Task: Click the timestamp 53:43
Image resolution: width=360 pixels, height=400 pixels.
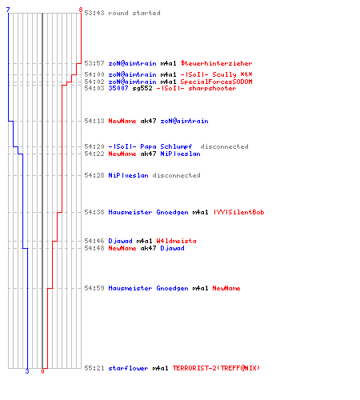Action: (94, 13)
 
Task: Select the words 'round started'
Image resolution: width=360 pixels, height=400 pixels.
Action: (134, 13)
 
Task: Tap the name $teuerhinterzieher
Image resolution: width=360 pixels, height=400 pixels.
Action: (216, 63)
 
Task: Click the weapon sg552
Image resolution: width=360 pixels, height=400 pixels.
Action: (142, 88)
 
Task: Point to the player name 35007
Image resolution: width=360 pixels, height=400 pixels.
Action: (118, 88)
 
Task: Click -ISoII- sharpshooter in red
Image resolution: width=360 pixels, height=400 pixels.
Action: (196, 88)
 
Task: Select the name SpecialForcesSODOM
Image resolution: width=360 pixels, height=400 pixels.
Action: (216, 82)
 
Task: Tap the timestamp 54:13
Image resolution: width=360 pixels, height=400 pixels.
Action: (94, 121)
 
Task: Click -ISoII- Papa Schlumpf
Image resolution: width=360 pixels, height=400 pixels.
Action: (150, 146)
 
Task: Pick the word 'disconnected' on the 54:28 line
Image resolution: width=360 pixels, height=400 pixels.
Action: (176, 175)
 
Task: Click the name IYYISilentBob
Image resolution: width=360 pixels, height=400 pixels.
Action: (238, 212)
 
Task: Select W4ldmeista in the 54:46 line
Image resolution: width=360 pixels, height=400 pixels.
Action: (176, 241)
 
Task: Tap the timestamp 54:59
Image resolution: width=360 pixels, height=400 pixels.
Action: (94, 288)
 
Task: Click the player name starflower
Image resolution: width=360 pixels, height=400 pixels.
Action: (128, 368)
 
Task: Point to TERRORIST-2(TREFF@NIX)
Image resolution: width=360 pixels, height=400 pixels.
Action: (216, 368)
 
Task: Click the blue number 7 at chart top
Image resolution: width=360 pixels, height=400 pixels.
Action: (8, 10)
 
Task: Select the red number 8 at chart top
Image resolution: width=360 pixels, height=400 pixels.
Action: (81, 10)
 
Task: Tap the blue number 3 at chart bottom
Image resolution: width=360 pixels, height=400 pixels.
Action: (27, 371)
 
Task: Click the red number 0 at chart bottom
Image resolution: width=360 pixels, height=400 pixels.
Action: (42, 371)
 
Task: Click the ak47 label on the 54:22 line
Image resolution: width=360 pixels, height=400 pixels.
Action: (148, 154)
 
